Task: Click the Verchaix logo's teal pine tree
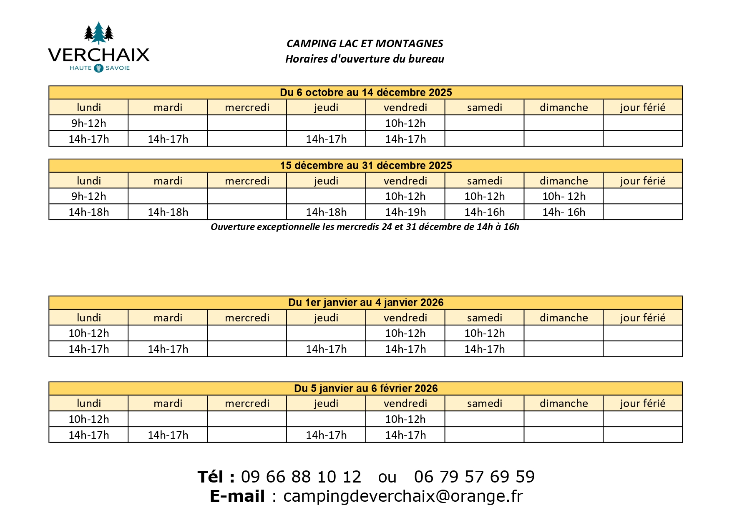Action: (98, 33)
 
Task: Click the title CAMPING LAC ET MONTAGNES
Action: (365, 43)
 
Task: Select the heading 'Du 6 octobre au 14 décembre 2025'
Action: (365, 92)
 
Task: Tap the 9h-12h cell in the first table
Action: (88, 123)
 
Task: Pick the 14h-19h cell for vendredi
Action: (405, 212)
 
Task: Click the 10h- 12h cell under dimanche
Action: (563, 196)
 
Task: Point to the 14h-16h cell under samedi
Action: (484, 212)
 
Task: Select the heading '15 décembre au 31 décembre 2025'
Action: (365, 165)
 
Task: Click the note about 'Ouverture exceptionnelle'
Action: (365, 227)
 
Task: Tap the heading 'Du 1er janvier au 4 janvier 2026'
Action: (365, 302)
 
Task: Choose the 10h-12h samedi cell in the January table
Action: (484, 333)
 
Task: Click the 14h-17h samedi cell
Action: (484, 349)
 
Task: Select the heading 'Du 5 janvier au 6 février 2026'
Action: (365, 388)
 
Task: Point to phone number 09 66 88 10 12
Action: (301, 477)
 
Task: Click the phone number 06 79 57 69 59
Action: (474, 477)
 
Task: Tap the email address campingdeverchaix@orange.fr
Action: (403, 496)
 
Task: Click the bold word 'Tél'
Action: (211, 477)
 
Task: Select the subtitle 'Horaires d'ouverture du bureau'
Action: (365, 59)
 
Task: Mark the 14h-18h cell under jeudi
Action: (326, 212)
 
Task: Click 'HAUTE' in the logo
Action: (80, 68)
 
